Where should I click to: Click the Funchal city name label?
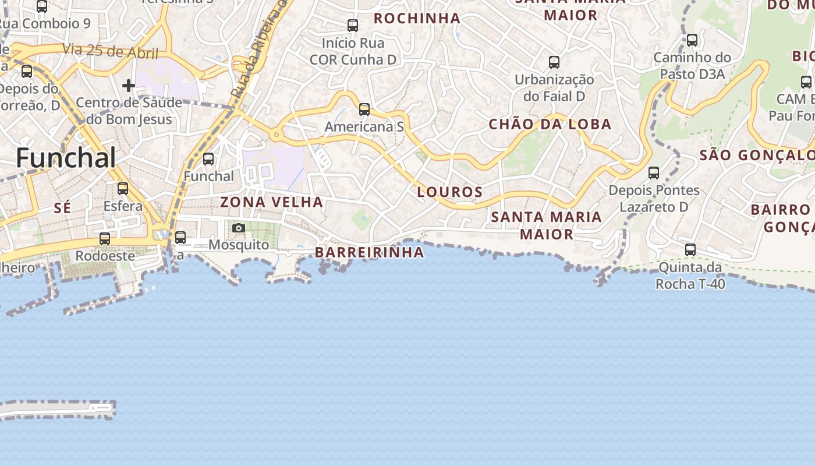click(x=66, y=158)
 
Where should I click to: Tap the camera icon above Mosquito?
click(x=239, y=228)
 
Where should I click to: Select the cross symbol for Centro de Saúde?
click(x=129, y=86)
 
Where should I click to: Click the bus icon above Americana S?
click(x=364, y=109)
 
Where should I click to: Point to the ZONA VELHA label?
click(x=271, y=202)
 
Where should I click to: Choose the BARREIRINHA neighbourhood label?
click(x=369, y=252)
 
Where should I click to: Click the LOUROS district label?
click(x=450, y=192)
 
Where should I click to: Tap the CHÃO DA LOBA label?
click(x=550, y=124)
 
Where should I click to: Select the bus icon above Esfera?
click(x=123, y=189)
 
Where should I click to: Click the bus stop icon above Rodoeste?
click(x=105, y=239)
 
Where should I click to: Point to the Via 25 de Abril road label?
click(x=111, y=52)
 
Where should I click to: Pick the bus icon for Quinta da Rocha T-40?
click(x=690, y=250)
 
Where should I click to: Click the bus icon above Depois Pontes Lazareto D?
click(x=654, y=173)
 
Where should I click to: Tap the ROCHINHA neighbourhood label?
click(x=417, y=18)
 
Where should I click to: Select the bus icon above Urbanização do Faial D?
click(x=554, y=62)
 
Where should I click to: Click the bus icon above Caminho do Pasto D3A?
click(x=692, y=40)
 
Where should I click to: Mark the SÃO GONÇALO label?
click(x=756, y=155)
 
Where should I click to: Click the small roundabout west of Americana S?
click(x=275, y=136)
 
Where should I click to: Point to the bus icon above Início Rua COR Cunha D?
click(x=353, y=26)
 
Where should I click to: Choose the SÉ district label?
click(x=62, y=208)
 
